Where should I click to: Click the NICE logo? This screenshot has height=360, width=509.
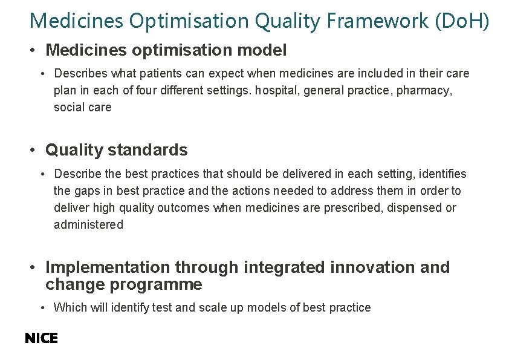click(x=41, y=339)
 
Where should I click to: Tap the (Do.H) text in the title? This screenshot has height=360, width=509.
click(x=461, y=21)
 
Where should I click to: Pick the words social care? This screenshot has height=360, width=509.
click(x=83, y=107)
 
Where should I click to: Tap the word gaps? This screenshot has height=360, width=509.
click(x=87, y=191)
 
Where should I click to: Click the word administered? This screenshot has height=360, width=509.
click(x=88, y=224)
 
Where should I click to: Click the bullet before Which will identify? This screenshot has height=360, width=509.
click(x=44, y=308)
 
